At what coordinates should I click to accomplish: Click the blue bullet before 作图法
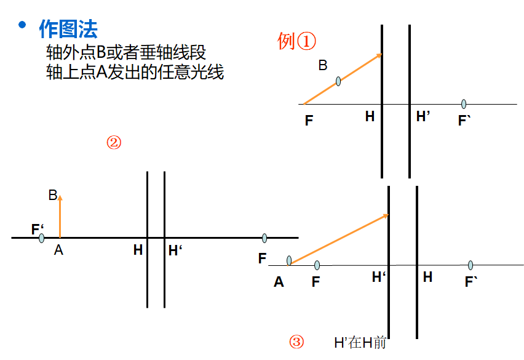[23, 25]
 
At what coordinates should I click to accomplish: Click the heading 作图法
[68, 28]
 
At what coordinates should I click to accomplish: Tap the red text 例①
[296, 41]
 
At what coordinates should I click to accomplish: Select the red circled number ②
[114, 143]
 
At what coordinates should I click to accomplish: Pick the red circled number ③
[296, 342]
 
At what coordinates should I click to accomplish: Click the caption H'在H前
[360, 343]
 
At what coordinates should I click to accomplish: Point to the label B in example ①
[323, 65]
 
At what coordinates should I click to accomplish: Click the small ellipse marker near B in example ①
[338, 81]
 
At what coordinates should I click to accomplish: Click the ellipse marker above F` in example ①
[464, 104]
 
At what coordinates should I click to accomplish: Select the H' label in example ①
[423, 117]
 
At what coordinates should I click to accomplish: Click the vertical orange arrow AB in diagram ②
[60, 215]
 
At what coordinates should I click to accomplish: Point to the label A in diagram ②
[58, 249]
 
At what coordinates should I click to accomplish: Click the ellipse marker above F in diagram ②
[264, 238]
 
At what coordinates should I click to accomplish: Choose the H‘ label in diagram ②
[176, 250]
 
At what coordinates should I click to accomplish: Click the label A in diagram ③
[279, 282]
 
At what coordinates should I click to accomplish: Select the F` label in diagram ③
[472, 282]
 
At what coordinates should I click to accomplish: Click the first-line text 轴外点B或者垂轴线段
[125, 52]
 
